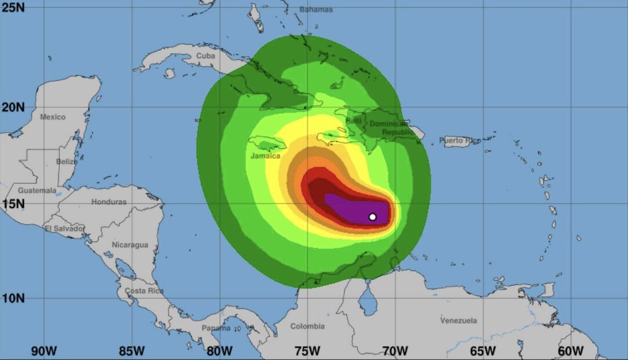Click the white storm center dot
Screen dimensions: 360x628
372,217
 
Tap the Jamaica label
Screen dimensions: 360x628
265,156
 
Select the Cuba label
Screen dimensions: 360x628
205,56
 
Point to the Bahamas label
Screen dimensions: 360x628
316,9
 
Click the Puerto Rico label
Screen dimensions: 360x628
460,140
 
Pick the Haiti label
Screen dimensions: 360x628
353,120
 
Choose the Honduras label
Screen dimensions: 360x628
108,202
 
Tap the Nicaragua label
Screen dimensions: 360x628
130,245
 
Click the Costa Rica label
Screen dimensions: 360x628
144,290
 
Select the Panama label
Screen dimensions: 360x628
216,328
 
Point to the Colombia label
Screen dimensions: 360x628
307,326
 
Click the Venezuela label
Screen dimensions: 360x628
458,321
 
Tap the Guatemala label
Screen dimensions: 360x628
37,190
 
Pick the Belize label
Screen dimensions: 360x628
67,162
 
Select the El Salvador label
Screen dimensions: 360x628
64,228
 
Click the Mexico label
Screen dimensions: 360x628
53,117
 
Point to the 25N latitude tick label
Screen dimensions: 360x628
13,8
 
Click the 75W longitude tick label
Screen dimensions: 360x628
307,351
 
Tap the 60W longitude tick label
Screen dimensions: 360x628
571,351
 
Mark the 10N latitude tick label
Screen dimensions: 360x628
13,298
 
